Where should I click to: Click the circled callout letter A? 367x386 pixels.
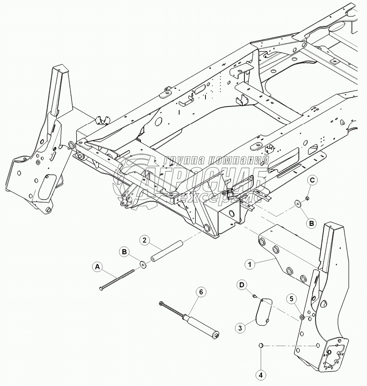tap(96, 267)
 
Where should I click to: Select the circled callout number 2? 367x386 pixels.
tap(144, 240)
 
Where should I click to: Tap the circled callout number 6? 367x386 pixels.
tap(201, 292)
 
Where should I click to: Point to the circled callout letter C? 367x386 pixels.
tap(312, 181)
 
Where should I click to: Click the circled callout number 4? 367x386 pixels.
tap(260, 374)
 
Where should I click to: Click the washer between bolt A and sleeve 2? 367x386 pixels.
tap(144, 265)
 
